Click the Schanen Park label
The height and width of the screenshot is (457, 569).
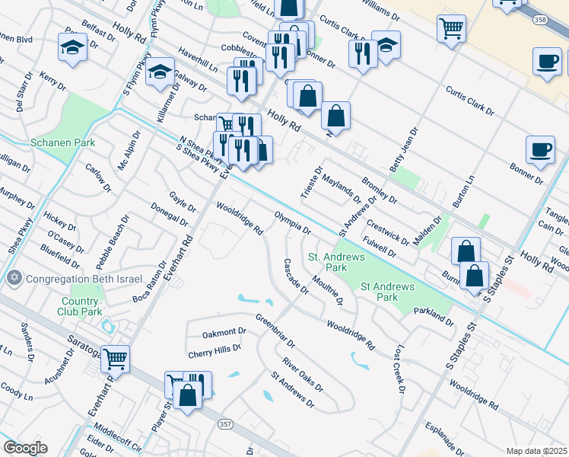click(x=52, y=142)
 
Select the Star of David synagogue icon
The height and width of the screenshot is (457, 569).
click(x=13, y=277)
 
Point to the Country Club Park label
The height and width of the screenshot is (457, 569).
click(x=81, y=306)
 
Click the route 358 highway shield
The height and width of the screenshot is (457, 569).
click(x=540, y=19)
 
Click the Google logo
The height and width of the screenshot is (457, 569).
click(x=25, y=448)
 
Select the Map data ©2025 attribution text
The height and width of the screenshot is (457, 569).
click(x=536, y=451)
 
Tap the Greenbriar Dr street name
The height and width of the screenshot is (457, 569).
click(x=275, y=330)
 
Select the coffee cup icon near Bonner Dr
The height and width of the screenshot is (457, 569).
click(x=541, y=149)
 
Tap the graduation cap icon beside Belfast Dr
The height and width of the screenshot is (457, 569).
click(x=73, y=47)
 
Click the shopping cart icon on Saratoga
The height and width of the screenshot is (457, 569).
click(x=115, y=357)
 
